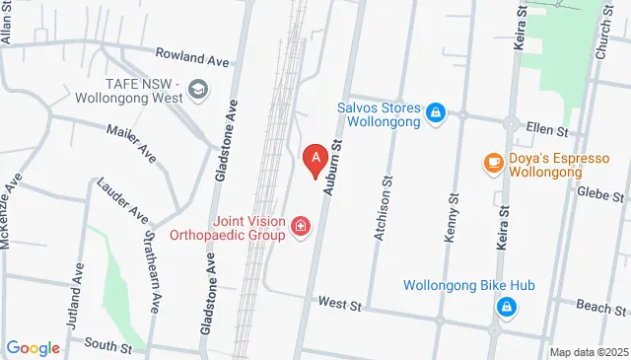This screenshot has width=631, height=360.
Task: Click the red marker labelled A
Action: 315,158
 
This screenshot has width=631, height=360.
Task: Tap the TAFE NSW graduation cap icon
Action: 197,91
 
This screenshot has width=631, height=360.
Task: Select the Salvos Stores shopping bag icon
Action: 435,115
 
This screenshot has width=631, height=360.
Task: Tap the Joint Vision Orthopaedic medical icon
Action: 301,230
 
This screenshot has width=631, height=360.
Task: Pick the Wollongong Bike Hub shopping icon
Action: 506,307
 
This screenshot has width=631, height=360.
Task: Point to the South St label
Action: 107,345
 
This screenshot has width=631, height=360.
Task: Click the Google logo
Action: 34,347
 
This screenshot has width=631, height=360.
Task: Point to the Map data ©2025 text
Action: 589,352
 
